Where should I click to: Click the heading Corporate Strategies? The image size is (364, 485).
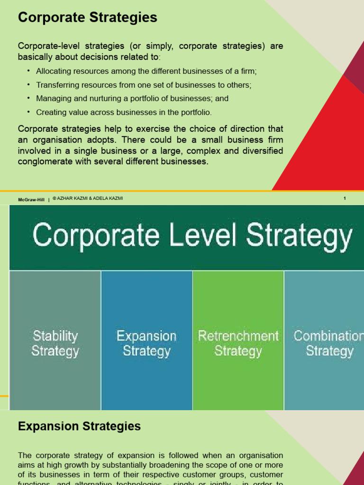87,18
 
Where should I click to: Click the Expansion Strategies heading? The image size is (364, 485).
79,426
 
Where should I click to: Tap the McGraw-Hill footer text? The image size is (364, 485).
31,200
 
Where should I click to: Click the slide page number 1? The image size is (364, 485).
345,198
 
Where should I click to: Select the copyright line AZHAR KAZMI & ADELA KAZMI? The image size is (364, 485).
88,198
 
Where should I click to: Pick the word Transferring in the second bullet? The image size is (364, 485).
56,85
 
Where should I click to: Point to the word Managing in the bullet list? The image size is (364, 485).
52,99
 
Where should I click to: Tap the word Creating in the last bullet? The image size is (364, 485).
50,113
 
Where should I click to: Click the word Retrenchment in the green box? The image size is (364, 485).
238,336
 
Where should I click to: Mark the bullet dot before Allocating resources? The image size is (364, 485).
28,71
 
